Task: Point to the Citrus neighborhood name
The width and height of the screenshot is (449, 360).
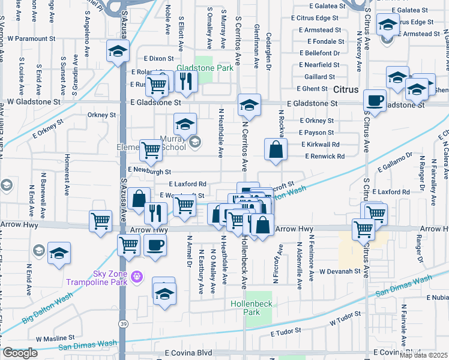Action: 346,89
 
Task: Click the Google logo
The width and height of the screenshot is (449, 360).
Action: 20,353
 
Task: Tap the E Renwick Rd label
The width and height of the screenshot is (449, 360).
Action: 324,157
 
